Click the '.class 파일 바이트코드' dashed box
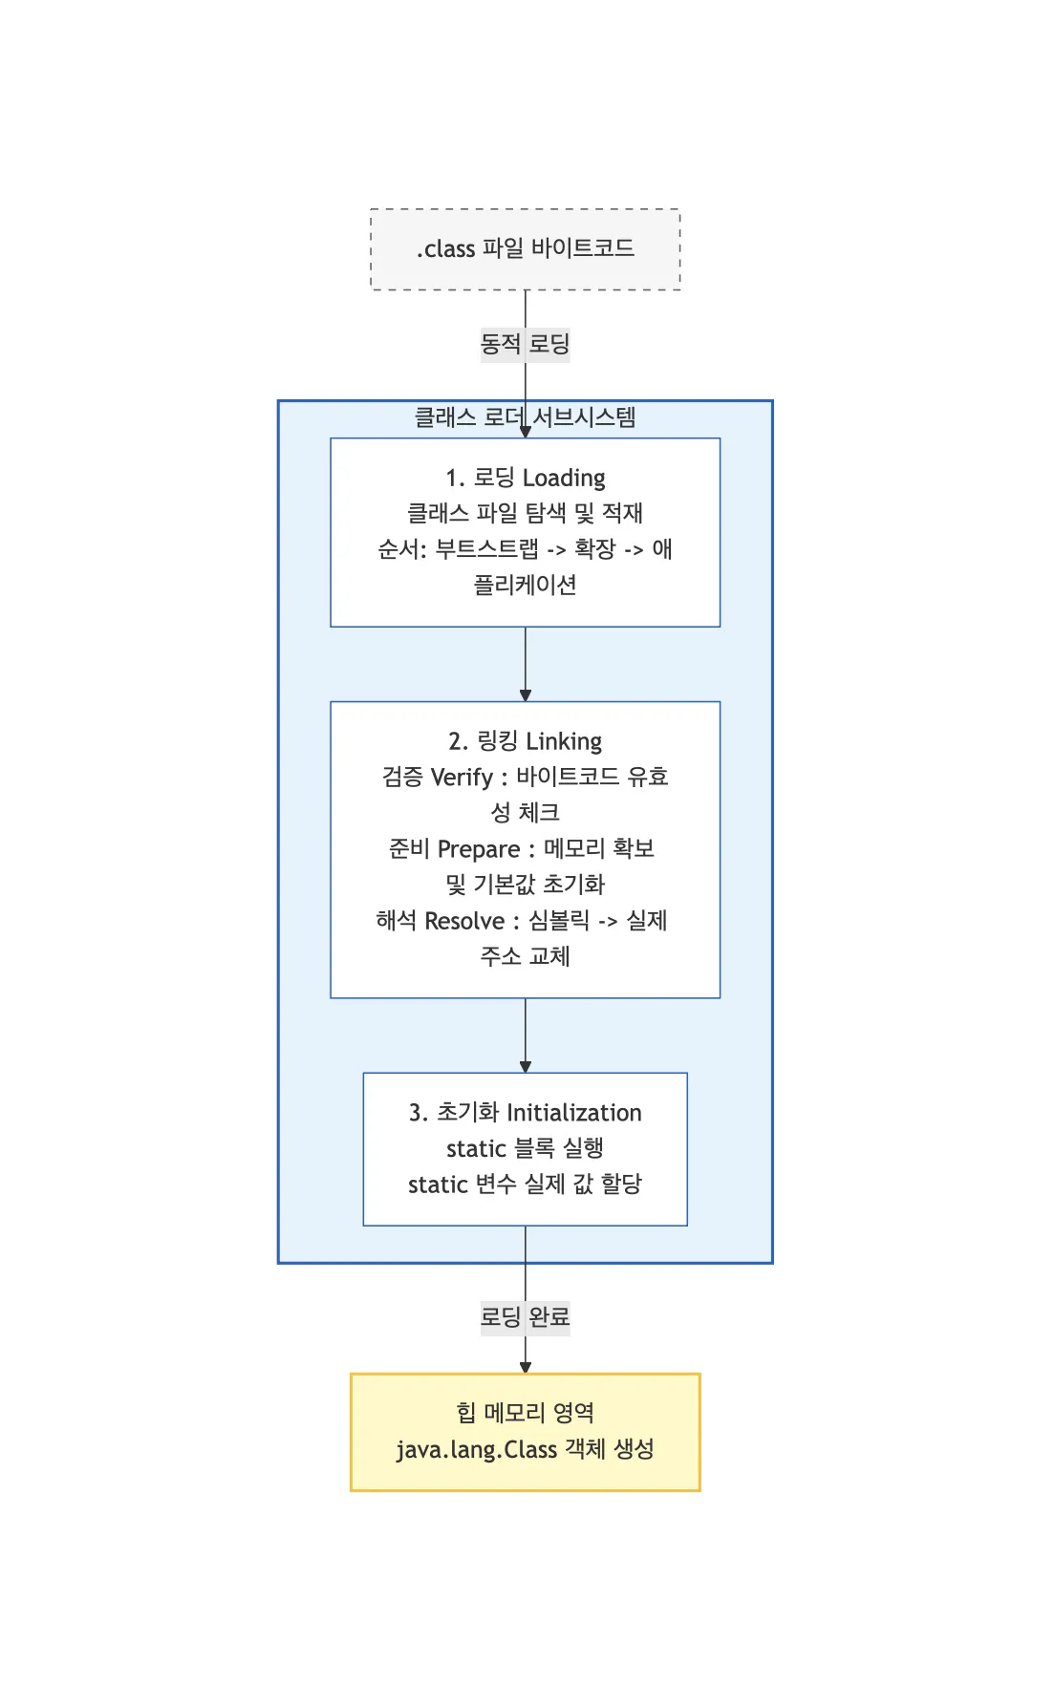pos(525,249)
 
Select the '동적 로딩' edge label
pos(525,344)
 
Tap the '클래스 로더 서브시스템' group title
pos(525,417)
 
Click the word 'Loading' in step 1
pos(564,478)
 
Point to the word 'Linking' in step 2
pos(564,741)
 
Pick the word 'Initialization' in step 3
pos(573,1113)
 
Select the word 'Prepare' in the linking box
pos(479,849)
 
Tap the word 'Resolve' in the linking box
pos(464,921)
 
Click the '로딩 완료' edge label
pos(525,1317)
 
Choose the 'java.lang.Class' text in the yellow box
pos(476,1450)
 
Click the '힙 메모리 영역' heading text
pos(525,1413)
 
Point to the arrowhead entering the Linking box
pos(525,695)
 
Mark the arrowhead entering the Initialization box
pos(525,1066)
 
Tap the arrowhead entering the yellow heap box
pos(525,1367)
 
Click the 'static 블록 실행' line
pos(525,1148)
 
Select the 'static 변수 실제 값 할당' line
pos(525,1185)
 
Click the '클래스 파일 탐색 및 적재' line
pos(525,514)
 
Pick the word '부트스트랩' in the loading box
pos(487,549)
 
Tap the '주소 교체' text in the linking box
pos(525,956)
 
